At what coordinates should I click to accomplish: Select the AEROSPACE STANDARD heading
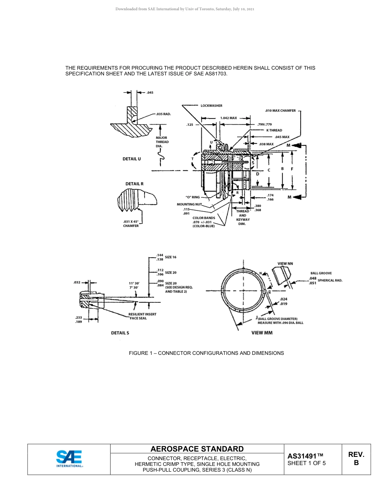[197, 449]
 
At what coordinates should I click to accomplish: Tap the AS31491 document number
[305, 456]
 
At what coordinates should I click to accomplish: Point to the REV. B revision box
[356, 459]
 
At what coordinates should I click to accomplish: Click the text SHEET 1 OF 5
[307, 463]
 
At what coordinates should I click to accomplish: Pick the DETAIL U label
[131, 159]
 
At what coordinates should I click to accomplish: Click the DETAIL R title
[134, 184]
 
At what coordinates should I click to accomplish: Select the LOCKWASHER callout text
[211, 106]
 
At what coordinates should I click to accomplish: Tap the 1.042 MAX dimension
[228, 118]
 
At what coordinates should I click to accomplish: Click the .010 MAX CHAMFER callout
[280, 111]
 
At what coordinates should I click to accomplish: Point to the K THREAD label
[274, 130]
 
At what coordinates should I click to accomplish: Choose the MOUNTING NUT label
[189, 204]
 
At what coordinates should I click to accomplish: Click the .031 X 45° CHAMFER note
[131, 224]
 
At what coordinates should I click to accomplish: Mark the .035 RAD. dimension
[163, 114]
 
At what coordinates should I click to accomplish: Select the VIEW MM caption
[262, 333]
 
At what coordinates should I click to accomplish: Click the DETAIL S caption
[120, 333]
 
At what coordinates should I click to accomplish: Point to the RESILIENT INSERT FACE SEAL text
[142, 316]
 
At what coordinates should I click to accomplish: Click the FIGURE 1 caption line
[206, 353]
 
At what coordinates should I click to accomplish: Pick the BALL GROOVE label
[321, 273]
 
